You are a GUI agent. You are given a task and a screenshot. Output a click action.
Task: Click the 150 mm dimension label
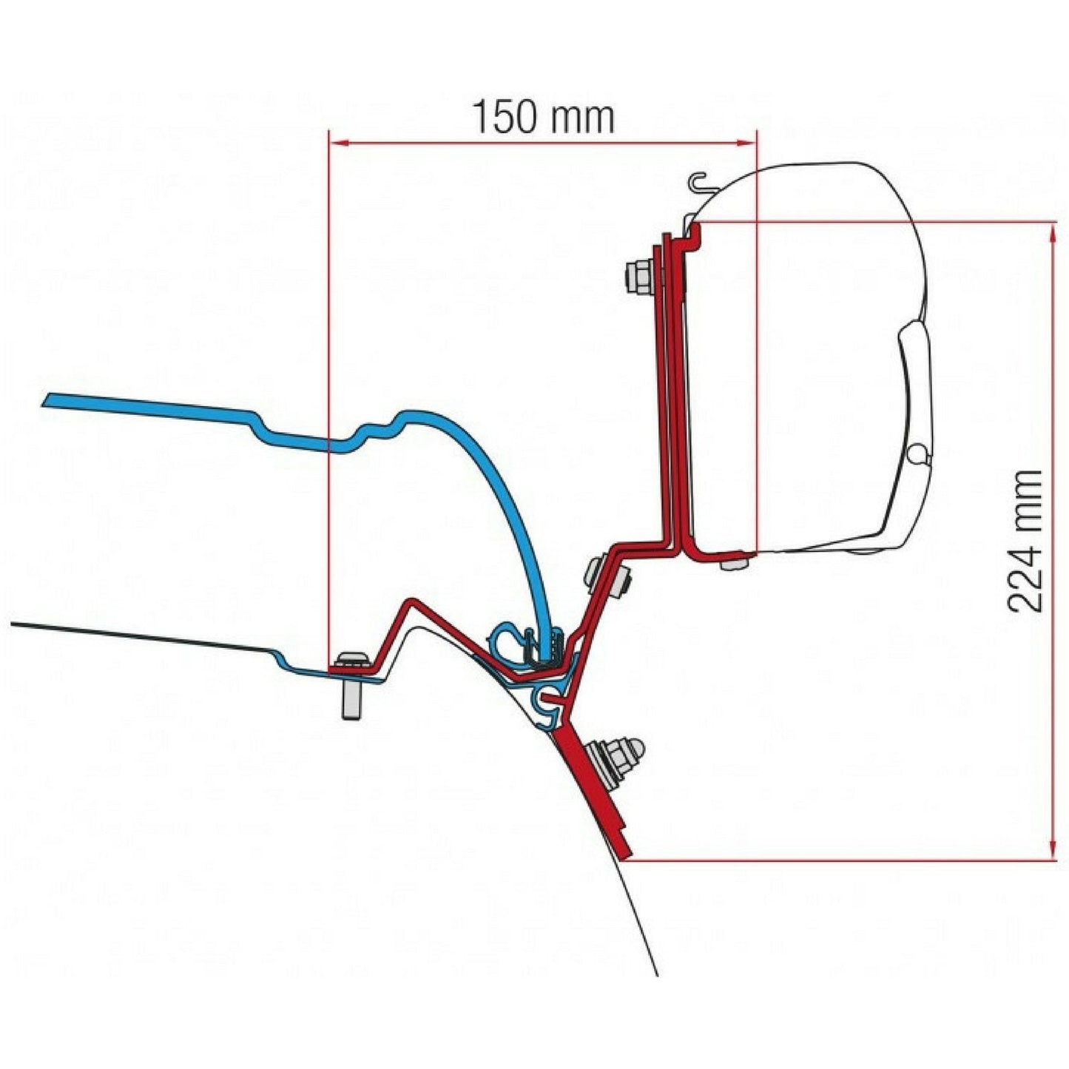[543, 117]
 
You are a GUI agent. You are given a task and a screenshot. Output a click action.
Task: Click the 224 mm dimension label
[1026, 541]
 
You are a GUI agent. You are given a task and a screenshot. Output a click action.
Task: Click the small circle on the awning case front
[917, 453]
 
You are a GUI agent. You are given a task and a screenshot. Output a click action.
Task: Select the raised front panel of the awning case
[914, 392]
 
